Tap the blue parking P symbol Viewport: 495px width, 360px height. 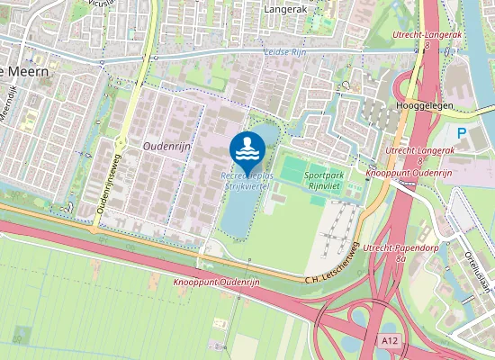[x=462, y=133]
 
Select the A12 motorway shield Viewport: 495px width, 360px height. [x=389, y=341]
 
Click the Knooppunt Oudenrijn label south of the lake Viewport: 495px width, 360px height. [x=214, y=283]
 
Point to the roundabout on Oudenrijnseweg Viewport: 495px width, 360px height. [x=119, y=142]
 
